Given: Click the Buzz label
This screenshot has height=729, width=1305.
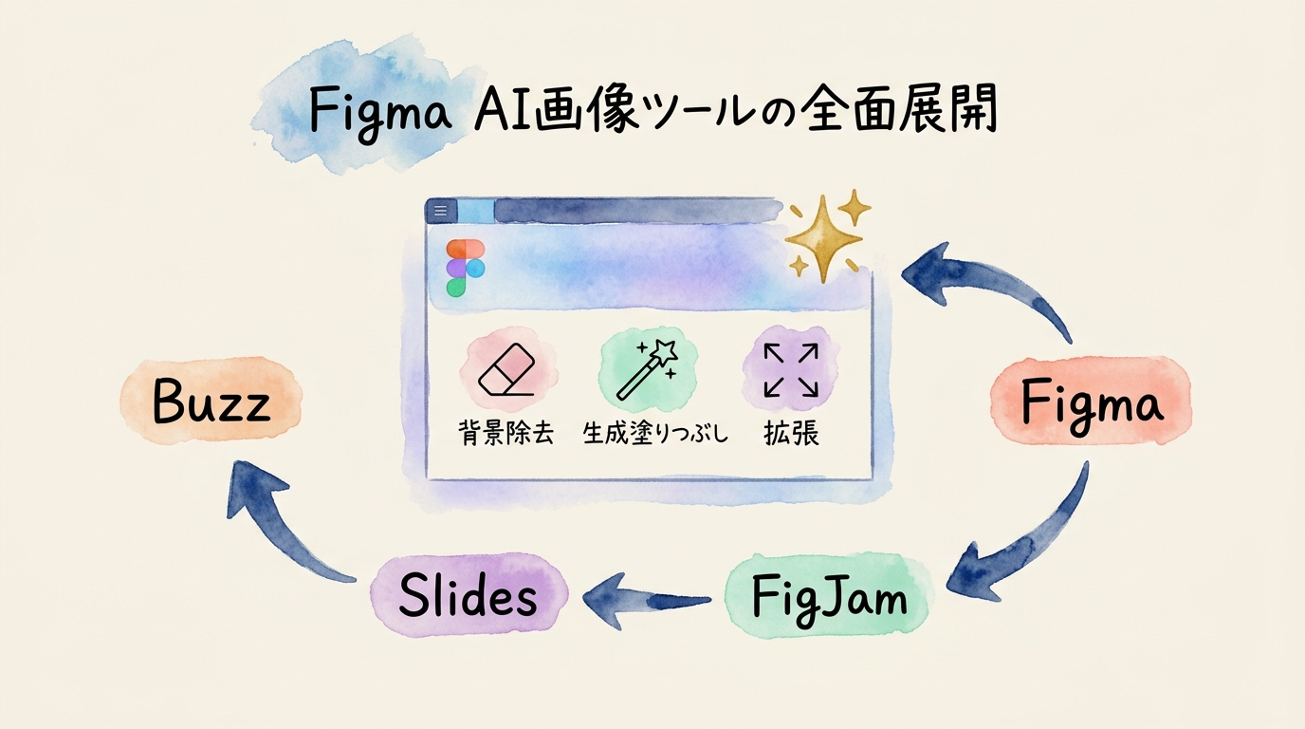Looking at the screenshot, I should coord(211,403).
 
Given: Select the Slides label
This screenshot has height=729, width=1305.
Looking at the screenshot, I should coord(468,596).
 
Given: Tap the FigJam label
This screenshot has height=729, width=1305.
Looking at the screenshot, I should coord(828,597).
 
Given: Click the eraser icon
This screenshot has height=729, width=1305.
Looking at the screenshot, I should coord(508,370).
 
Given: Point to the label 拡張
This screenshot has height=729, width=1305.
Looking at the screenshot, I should coord(791,434).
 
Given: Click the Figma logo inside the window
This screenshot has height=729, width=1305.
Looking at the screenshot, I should coord(465,268).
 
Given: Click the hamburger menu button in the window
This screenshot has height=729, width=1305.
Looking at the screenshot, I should coord(440,211).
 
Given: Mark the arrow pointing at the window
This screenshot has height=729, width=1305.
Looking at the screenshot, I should coord(986,285).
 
